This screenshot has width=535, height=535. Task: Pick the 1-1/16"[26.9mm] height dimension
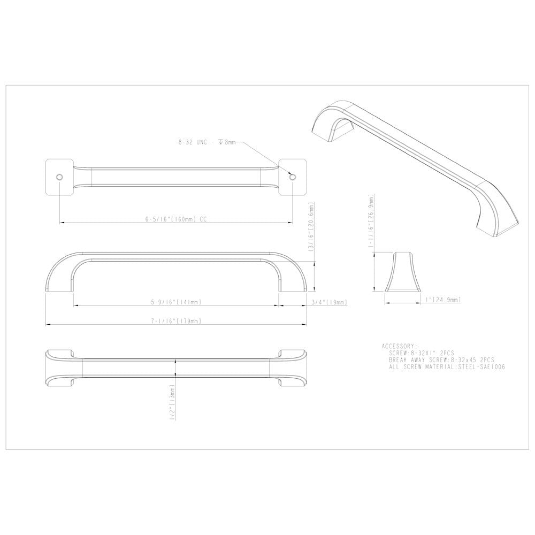tap(369, 219)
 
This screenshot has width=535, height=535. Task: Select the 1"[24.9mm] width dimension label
tap(439, 301)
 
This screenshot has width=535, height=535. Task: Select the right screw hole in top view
tap(291, 176)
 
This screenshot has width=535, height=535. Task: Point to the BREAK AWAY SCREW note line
tap(441, 360)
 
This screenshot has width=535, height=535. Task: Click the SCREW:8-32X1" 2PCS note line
tap(423, 353)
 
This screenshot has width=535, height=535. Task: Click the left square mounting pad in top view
tap(57, 177)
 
